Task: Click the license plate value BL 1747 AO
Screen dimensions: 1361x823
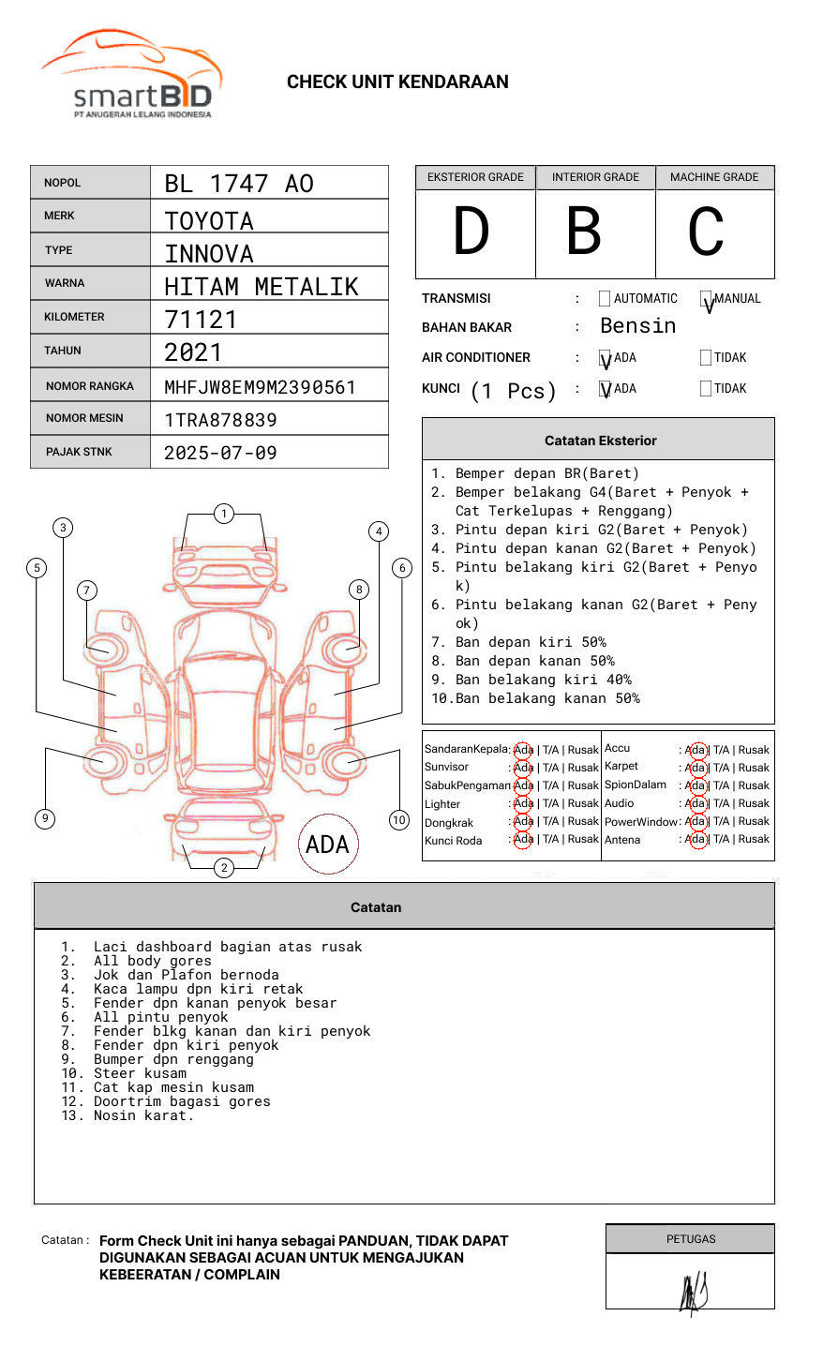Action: pos(239,184)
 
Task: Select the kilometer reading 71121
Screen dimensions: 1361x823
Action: pos(201,320)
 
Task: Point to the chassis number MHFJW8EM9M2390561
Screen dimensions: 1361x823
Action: pos(260,387)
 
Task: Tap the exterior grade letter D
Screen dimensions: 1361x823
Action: pos(471,232)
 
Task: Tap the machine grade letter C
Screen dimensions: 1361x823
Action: pos(706,232)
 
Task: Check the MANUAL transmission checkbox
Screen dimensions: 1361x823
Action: pos(707,300)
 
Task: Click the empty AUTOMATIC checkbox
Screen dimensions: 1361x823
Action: pos(605,299)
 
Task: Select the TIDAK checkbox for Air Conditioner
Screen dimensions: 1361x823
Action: pos(706,358)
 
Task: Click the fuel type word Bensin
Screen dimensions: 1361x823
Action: pos(637,326)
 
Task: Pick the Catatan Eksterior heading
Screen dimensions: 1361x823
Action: pos(600,441)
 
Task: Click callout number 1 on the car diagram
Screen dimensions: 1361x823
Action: pos(223,514)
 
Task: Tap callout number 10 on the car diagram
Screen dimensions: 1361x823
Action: pos(399,820)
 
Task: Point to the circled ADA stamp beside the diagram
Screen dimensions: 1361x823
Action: pos(327,845)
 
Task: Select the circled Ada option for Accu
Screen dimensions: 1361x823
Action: pos(696,750)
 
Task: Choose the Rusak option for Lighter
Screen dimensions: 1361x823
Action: pos(583,803)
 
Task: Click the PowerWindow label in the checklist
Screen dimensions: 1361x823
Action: pos(640,822)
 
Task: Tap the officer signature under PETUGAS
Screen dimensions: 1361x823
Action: pos(693,1292)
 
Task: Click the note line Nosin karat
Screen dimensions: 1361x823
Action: pos(142,1115)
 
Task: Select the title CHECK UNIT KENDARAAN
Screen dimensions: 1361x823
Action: pos(397,82)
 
